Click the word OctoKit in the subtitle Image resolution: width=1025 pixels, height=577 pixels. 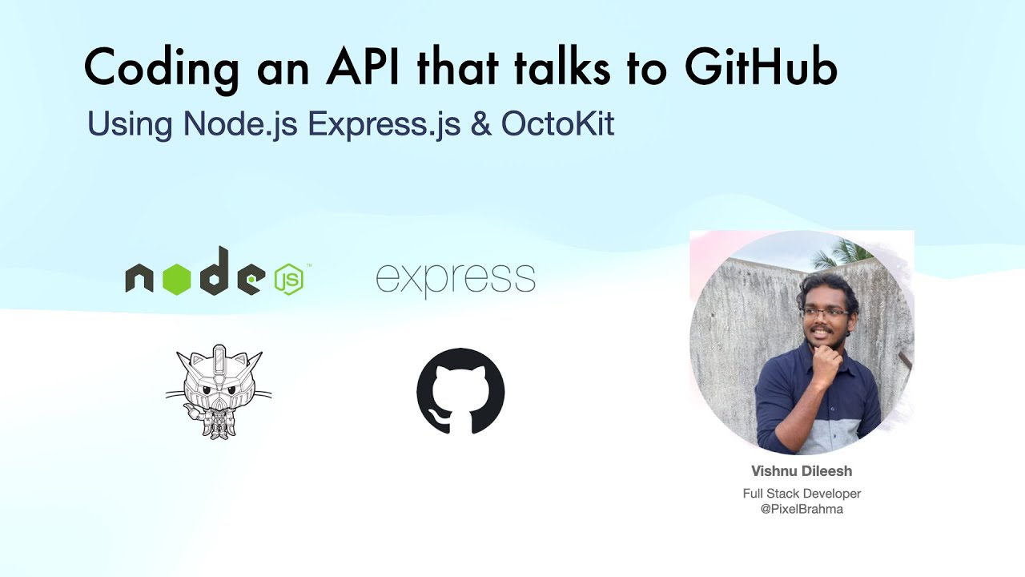coord(557,123)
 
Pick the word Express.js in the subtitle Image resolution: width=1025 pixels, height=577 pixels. coord(384,124)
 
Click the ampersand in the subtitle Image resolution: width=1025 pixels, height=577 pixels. coord(480,124)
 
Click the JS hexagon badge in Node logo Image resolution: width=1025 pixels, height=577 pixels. coord(288,279)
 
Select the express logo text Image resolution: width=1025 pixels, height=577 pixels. coord(455,279)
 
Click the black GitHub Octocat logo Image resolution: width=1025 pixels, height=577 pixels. coord(460,391)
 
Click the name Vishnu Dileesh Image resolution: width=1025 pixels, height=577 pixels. coord(801,471)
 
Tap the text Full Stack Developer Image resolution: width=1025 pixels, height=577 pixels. coord(802,494)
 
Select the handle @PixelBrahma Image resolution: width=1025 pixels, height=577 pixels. coord(802,509)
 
